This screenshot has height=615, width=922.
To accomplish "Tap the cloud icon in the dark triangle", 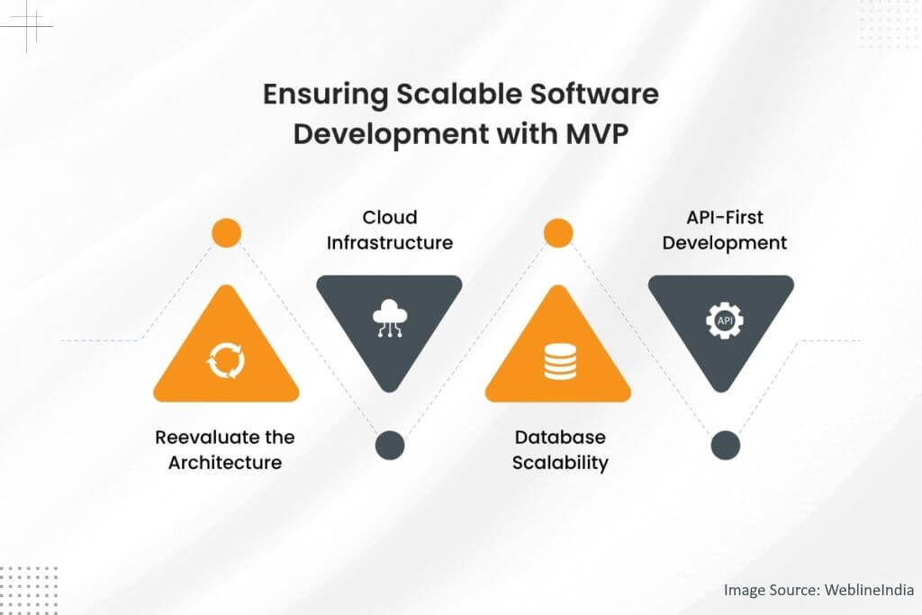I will [389, 320].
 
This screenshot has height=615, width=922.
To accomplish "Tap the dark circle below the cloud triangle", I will [389, 444].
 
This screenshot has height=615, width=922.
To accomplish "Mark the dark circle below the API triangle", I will [725, 445].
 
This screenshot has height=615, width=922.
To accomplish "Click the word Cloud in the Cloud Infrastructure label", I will [389, 218].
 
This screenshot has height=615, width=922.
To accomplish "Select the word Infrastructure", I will [389, 243].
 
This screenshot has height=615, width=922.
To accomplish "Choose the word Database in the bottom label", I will [560, 438].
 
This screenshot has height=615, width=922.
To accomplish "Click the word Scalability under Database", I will [560, 463].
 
